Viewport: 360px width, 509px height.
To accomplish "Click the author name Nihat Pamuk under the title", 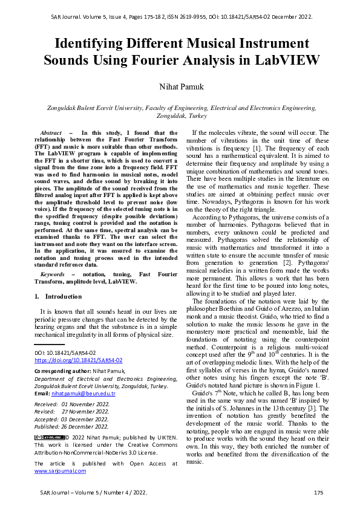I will tap(180, 87).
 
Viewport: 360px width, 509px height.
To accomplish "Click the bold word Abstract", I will tap(51, 132).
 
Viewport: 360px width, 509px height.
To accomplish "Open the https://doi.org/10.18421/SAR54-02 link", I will tap(78, 360).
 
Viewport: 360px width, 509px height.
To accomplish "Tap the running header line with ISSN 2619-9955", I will tap(180, 17).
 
